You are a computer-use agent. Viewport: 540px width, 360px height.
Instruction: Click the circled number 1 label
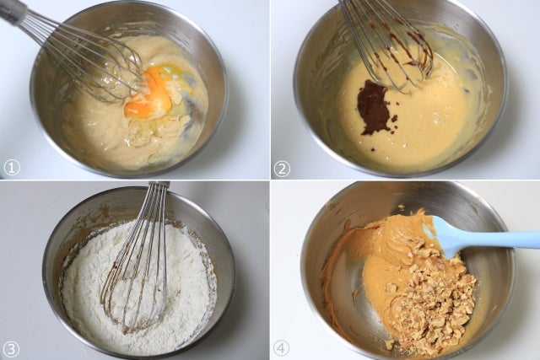click(12, 168)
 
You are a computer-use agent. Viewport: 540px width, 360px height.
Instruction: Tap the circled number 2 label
click(282, 169)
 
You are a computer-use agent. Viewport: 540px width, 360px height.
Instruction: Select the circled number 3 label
click(12, 349)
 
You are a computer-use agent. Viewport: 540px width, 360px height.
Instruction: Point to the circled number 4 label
click(281, 349)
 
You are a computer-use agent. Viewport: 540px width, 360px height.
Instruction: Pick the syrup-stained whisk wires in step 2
click(392, 48)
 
